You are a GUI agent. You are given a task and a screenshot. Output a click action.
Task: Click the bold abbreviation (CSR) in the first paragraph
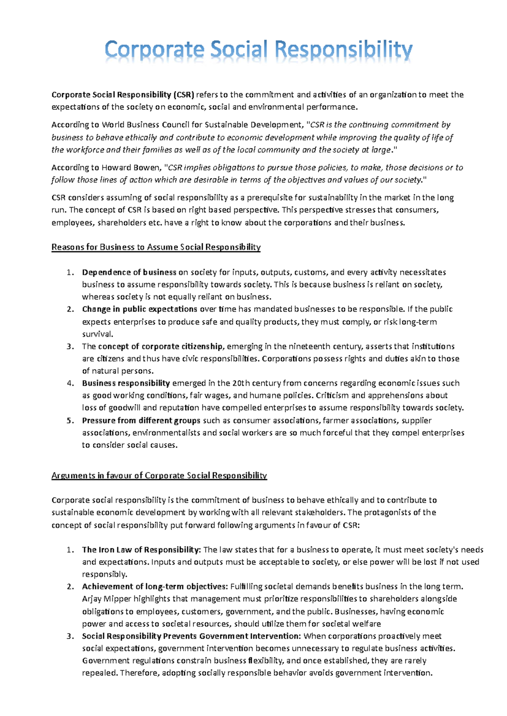183,95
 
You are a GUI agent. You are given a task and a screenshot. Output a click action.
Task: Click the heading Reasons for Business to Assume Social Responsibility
156,247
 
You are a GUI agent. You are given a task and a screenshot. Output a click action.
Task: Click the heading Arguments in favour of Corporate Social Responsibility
159,476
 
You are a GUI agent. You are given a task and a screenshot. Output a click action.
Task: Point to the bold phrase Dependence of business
129,272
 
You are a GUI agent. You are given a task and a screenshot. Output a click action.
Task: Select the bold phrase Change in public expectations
139,309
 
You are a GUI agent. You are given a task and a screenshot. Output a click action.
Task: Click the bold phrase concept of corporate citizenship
161,347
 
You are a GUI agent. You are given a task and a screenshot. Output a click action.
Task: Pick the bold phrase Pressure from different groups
141,420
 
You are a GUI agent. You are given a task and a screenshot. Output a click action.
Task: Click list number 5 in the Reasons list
70,420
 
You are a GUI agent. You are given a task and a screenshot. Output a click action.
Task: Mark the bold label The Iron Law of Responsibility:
141,550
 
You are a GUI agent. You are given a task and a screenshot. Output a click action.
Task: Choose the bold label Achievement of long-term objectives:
155,586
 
